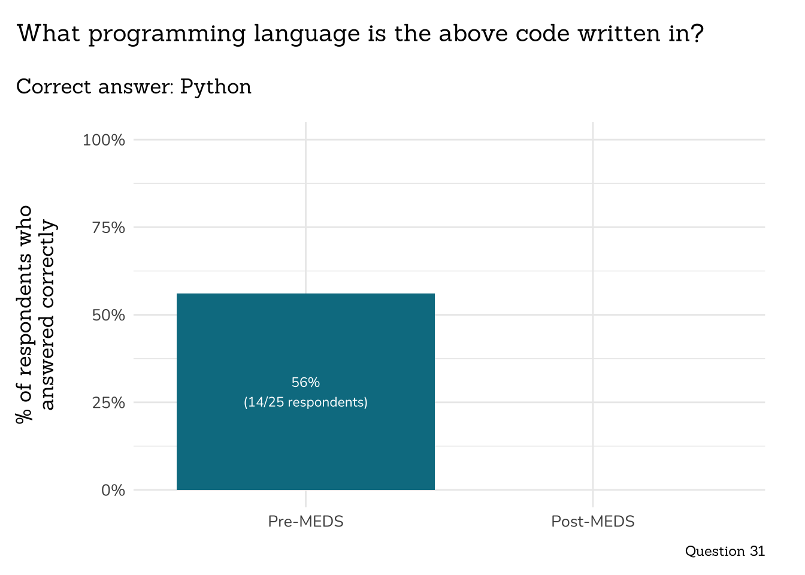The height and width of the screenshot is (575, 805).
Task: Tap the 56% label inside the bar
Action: click(305, 382)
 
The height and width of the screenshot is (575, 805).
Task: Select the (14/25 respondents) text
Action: click(305, 402)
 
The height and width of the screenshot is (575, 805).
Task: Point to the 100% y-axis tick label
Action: click(104, 140)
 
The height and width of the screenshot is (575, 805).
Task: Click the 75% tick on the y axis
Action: click(108, 228)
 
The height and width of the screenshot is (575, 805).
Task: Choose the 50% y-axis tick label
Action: click(108, 315)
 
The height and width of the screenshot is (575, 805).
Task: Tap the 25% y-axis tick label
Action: click(108, 402)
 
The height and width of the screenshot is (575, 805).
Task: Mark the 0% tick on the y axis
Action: click(113, 491)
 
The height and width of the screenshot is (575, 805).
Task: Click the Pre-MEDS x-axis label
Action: click(305, 522)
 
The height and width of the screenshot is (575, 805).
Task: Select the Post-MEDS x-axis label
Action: click(592, 522)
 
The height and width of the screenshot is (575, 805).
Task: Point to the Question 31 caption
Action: click(725, 551)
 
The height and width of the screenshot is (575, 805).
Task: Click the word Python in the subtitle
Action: click(216, 87)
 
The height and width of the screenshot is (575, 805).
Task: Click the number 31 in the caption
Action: click(757, 551)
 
